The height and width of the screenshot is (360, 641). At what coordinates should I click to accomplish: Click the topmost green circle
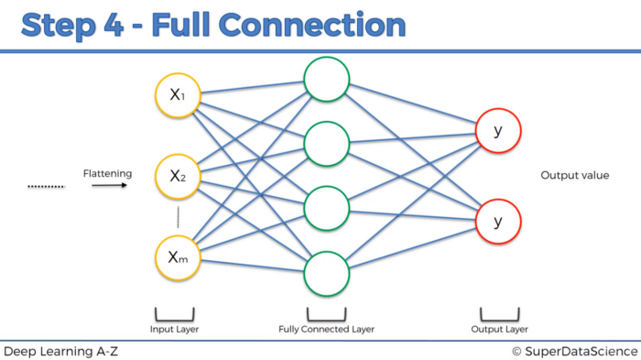click(327, 81)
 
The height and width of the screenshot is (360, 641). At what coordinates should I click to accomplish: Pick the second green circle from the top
click(327, 144)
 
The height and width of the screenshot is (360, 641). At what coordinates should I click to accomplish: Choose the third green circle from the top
click(327, 207)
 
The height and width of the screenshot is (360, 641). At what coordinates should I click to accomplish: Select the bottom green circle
click(327, 270)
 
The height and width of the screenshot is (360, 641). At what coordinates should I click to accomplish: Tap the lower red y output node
click(498, 222)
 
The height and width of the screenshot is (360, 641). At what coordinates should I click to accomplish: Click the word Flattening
click(107, 172)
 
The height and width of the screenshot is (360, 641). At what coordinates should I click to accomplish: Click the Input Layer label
click(174, 328)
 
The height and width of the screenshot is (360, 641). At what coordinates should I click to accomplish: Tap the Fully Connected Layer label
click(327, 328)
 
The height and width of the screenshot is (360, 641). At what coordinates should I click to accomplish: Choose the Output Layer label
click(498, 328)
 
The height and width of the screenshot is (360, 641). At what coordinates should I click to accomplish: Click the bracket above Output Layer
click(498, 312)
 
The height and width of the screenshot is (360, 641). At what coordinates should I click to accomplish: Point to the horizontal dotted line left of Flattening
click(46, 186)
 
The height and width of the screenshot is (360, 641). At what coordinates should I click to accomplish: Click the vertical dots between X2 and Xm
click(178, 217)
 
